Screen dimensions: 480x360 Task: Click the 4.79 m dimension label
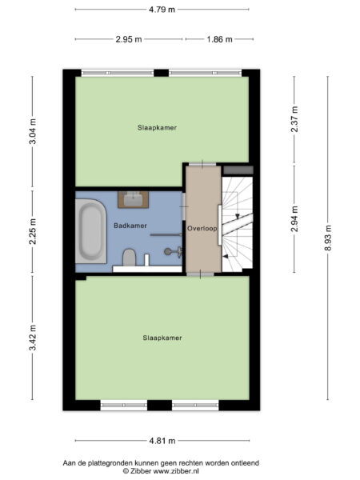tap(162, 10)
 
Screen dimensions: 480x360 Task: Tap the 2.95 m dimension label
tap(128, 38)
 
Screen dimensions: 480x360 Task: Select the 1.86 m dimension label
tap(218, 38)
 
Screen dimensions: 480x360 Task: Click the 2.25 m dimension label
tap(33, 233)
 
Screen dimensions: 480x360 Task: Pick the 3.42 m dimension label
tap(33, 338)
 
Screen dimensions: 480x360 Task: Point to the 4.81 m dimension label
tap(162, 440)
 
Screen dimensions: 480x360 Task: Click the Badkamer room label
tap(130, 226)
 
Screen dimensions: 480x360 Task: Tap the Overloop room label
tap(202, 228)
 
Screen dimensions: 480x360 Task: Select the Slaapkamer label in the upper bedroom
tap(156, 127)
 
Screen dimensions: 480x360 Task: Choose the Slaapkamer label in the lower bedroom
tap(162, 338)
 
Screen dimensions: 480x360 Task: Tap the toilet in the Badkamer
tap(128, 257)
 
